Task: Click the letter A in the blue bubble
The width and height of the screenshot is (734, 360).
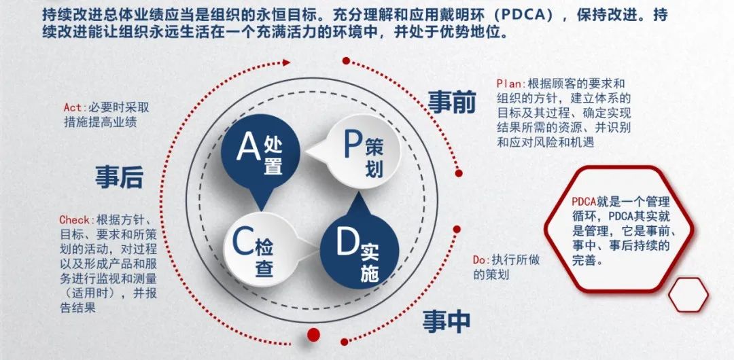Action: [x=249, y=147]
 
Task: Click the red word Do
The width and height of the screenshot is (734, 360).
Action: [x=480, y=260]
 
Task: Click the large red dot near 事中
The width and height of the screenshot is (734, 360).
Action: [x=313, y=333]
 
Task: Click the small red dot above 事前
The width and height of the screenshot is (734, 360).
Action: [x=346, y=61]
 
